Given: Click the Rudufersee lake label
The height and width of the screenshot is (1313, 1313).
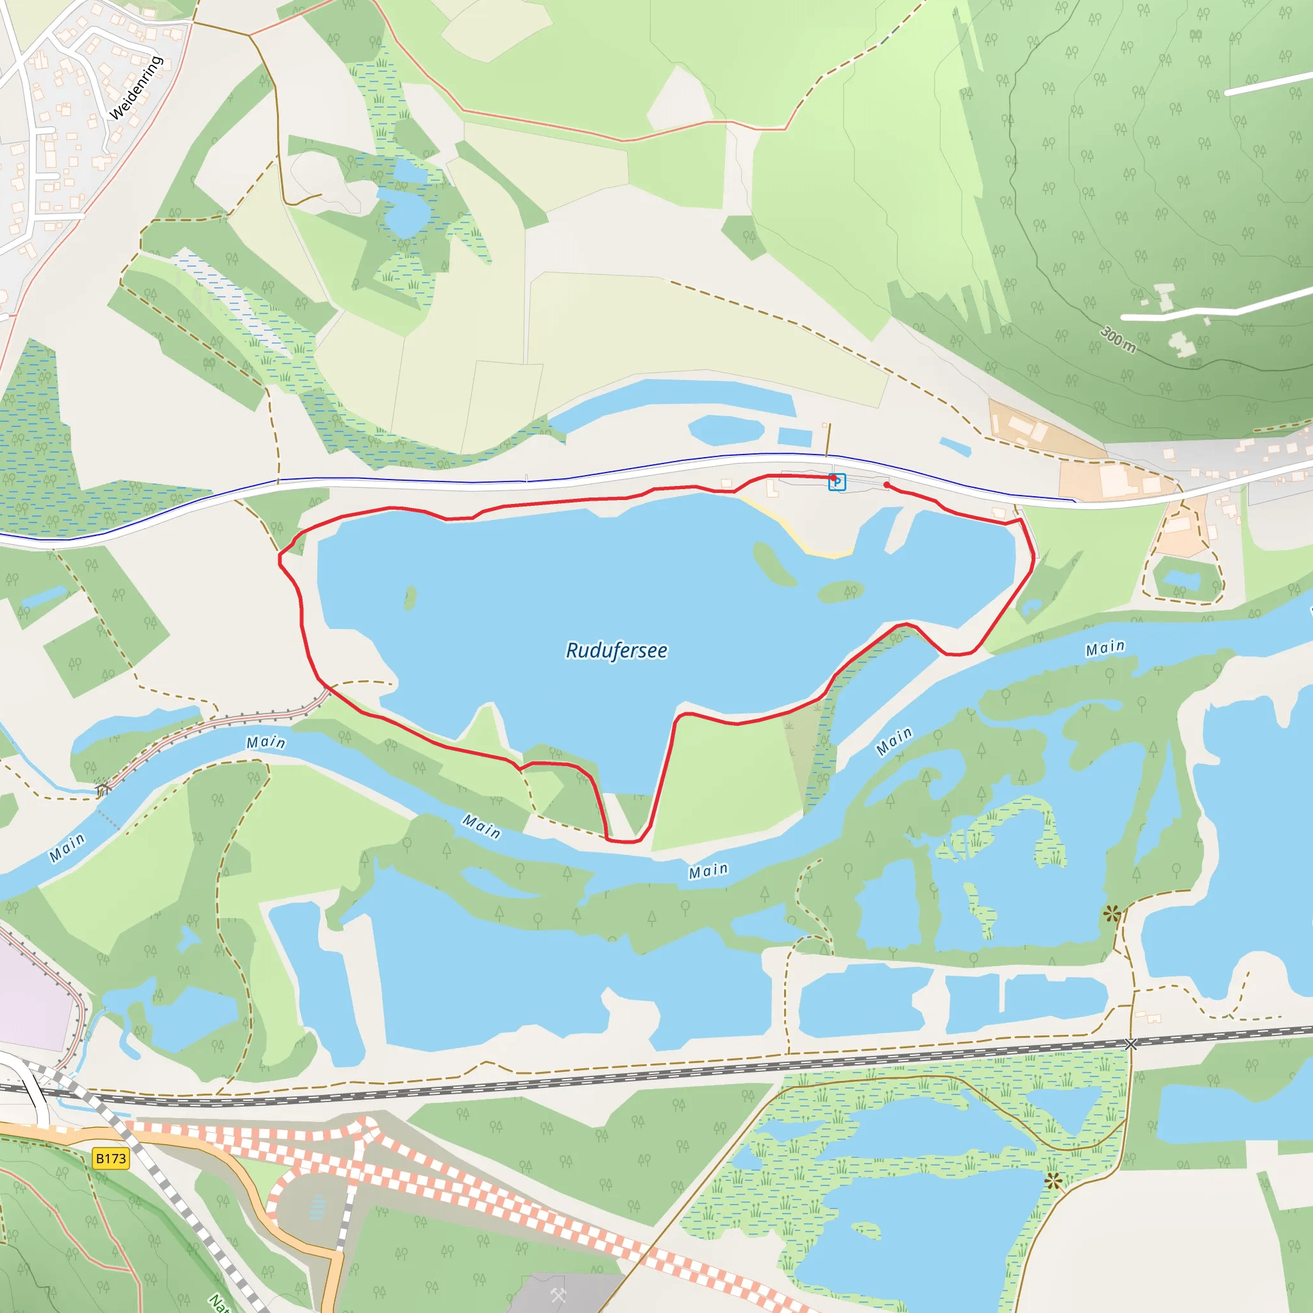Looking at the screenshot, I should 615,650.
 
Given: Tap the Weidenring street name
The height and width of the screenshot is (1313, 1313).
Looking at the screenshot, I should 136,88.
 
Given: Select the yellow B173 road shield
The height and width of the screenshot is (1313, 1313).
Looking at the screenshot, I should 111,1158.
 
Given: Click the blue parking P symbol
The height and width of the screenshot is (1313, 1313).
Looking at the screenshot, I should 838,482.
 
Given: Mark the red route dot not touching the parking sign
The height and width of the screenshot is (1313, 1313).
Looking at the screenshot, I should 887,485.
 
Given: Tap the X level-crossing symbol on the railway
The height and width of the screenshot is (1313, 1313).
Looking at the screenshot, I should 1130,1044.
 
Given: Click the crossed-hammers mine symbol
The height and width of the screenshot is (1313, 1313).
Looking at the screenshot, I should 558,1295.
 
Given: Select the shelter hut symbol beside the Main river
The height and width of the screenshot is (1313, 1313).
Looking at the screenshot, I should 103,789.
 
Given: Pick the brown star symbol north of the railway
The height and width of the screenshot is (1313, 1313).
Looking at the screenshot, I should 1112,914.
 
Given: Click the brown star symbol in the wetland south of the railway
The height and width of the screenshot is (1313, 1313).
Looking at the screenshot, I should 1053,1181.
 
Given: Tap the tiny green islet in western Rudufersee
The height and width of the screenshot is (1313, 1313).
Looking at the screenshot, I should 410,599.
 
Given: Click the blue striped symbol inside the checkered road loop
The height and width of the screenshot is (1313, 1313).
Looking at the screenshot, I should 317,1207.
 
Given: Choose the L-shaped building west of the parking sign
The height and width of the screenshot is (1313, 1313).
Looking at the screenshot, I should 772,487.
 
